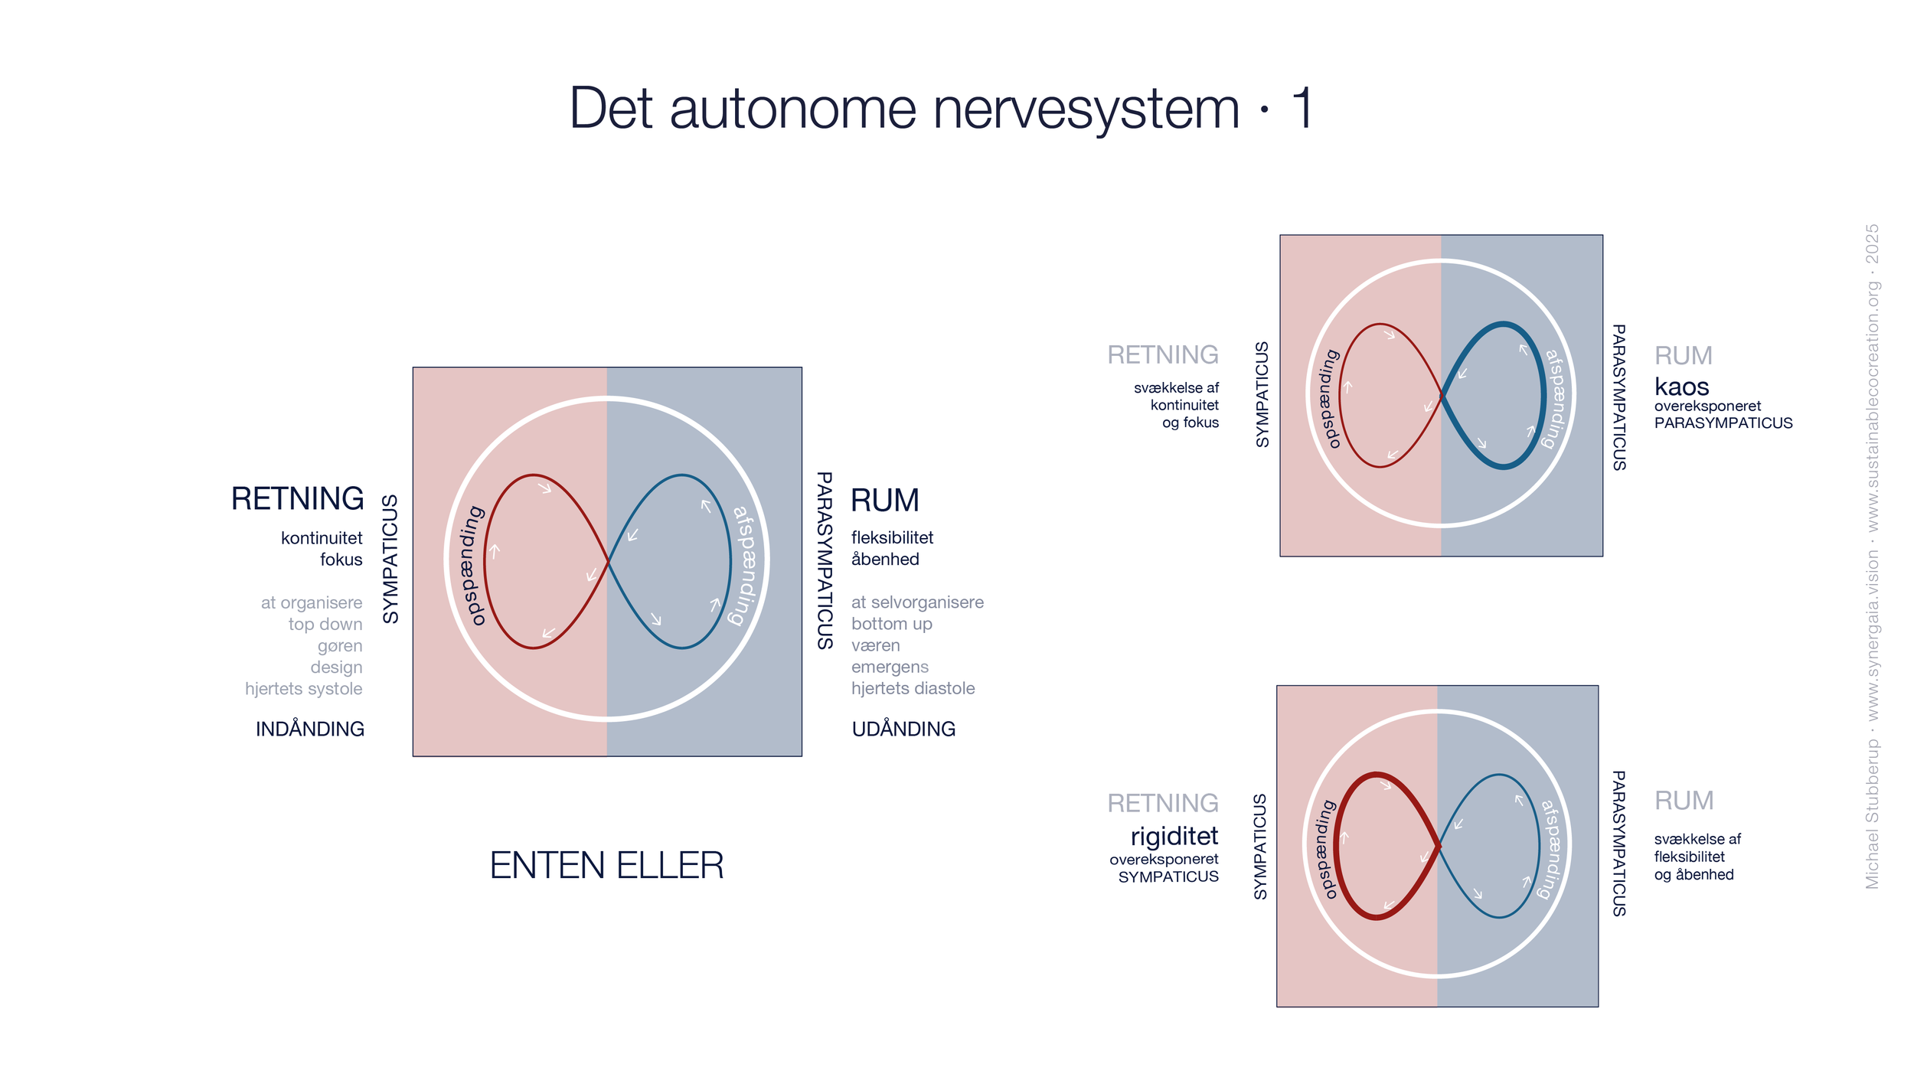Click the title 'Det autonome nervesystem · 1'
[942, 109]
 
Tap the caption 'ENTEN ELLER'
[606, 866]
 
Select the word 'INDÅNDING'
[310, 729]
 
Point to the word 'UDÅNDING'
[903, 729]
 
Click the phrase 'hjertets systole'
[304, 689]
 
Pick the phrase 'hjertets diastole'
[913, 688]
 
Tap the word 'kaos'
[1681, 387]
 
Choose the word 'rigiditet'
[1174, 836]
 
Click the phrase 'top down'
[325, 625]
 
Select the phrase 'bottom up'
[891, 624]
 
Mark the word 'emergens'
[890, 667]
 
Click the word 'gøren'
[340, 646]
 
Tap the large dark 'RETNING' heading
[298, 498]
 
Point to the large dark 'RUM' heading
[884, 501]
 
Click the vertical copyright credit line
[1872, 556]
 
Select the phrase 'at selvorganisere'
[917, 602]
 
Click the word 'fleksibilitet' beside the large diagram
[892, 537]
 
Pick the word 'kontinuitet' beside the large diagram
[322, 538]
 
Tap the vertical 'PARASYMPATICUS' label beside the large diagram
[825, 560]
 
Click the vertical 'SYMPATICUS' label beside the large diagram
[390, 559]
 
